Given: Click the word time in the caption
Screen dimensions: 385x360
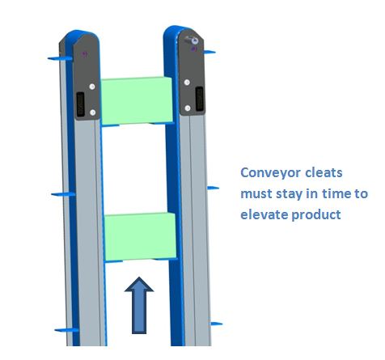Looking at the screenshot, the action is pyautogui.click(x=337, y=193).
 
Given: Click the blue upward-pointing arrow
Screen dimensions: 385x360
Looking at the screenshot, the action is pyautogui.click(x=139, y=305).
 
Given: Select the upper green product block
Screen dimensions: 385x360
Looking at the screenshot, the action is pyautogui.click(x=137, y=101).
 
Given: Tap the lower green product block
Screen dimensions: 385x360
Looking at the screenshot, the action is pyautogui.click(x=140, y=236).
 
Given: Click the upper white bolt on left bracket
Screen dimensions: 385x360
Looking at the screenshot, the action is pyautogui.click(x=92, y=87).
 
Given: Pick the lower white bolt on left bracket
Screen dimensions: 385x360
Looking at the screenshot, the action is pyautogui.click(x=93, y=112).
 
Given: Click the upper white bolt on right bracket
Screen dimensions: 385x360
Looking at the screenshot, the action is pyautogui.click(x=187, y=83).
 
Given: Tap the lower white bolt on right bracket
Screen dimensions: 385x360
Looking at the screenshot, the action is pyautogui.click(x=188, y=108).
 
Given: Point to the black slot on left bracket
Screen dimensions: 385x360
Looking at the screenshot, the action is pyautogui.click(x=81, y=104).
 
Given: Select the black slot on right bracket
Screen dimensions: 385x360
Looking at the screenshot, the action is pyautogui.click(x=200, y=99).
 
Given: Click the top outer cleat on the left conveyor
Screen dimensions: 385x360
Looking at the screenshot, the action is pyautogui.click(x=60, y=58).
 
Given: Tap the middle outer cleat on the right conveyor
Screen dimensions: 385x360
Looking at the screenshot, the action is pyautogui.click(x=213, y=188).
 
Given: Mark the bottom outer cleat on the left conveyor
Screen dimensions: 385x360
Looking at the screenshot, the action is pyautogui.click(x=66, y=330).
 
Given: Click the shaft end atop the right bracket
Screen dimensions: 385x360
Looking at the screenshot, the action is pyautogui.click(x=194, y=40).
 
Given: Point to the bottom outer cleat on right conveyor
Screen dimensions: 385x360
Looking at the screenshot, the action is pyautogui.click(x=216, y=324).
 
